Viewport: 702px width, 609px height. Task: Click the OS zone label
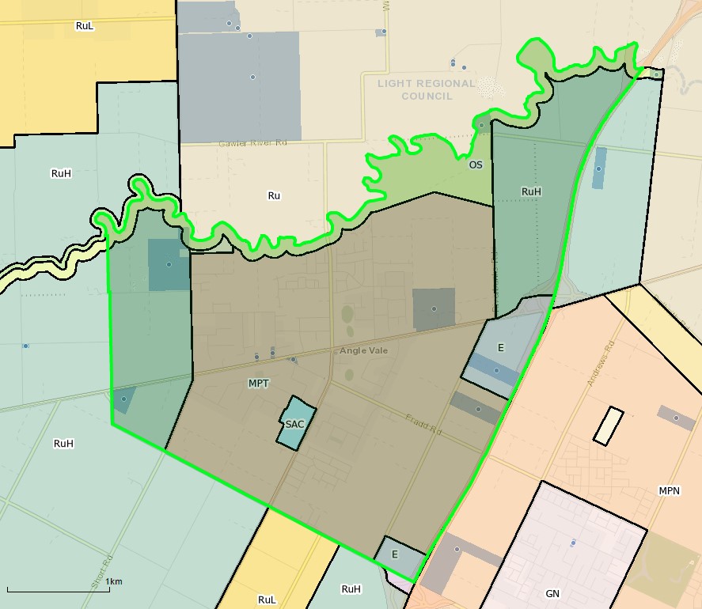475,165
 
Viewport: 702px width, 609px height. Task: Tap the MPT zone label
259,384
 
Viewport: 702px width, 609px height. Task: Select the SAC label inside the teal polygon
295,424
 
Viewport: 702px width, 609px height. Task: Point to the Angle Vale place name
364,350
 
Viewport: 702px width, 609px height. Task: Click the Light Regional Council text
427,89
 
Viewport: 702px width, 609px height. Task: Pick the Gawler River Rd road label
252,144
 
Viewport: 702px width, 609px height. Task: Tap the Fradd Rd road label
423,425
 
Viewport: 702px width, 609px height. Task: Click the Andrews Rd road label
601,363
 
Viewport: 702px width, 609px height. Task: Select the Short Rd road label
100,571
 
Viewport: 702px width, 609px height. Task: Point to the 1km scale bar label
113,582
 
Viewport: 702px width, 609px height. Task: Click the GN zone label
552,593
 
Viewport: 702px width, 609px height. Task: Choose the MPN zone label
670,491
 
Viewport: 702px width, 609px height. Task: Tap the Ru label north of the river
275,195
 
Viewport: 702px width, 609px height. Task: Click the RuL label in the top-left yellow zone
85,26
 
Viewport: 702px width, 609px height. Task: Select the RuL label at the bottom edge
268,600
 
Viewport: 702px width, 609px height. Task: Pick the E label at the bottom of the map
395,554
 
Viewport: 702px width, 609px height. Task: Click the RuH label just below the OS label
531,191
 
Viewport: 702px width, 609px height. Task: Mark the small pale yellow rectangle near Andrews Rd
609,425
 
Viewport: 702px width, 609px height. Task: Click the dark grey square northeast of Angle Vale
434,308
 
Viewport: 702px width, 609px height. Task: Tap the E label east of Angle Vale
501,347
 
